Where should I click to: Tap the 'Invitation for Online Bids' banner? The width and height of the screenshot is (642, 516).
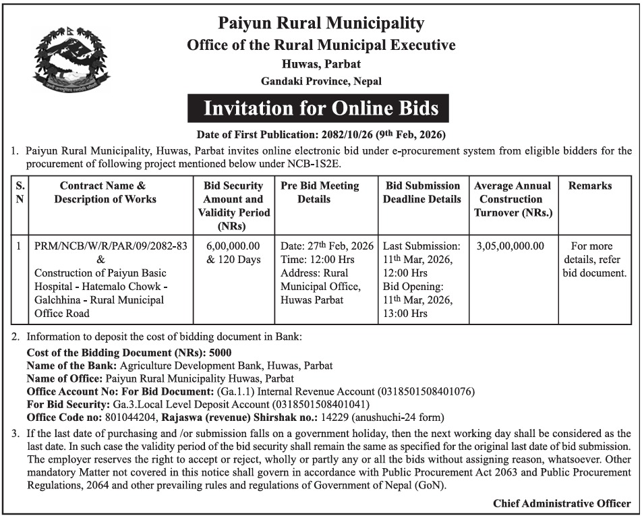click(x=321, y=109)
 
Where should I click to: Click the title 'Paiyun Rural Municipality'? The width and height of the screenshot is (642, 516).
click(x=321, y=24)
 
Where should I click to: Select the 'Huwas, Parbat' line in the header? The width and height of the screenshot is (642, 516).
click(x=321, y=65)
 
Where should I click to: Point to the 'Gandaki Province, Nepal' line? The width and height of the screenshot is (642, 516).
click(x=321, y=81)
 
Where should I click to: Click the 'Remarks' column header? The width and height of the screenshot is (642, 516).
click(x=590, y=185)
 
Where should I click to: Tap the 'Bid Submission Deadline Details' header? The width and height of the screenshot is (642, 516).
click(x=422, y=192)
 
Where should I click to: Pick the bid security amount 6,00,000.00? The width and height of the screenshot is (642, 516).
click(x=233, y=247)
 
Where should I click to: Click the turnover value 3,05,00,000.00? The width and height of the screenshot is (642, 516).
click(x=510, y=247)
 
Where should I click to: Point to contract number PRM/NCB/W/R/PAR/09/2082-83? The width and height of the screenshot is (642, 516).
click(x=111, y=247)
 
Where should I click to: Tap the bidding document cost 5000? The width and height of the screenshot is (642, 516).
click(x=221, y=352)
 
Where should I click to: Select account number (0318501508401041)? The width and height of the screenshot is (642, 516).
click(x=320, y=405)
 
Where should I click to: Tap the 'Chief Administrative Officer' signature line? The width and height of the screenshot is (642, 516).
click(x=562, y=503)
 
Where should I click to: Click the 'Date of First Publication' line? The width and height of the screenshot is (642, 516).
click(x=321, y=134)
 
